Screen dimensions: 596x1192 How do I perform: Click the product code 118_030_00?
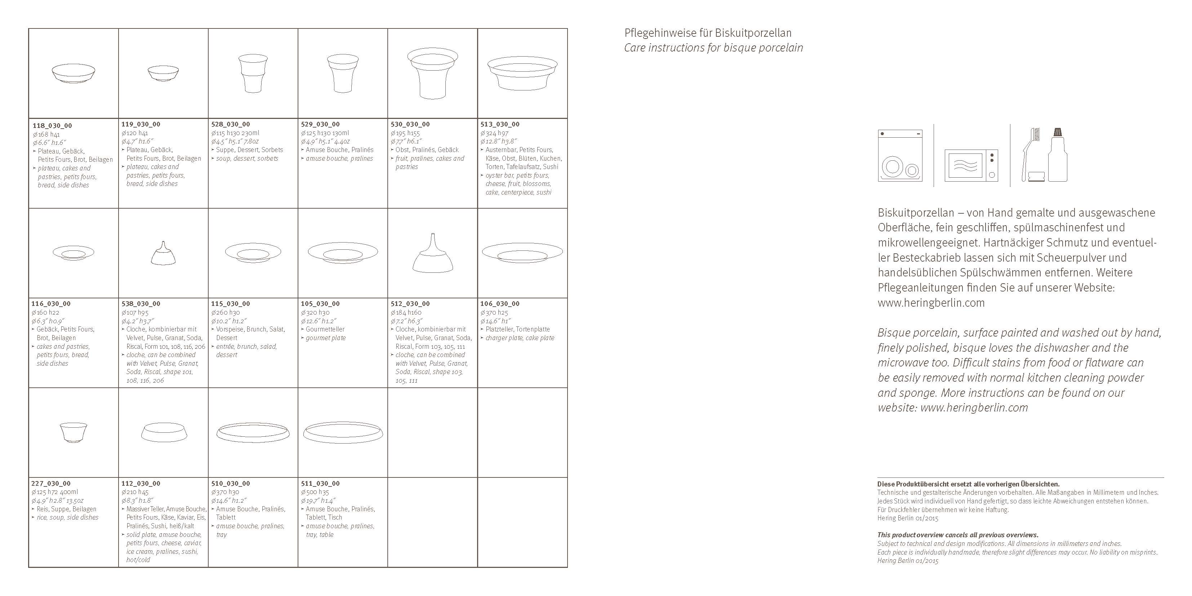52,126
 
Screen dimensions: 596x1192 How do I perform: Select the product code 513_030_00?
500,124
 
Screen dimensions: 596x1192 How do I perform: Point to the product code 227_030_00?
51,484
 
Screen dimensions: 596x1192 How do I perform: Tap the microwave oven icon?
971,165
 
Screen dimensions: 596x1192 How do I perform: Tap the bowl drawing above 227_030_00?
74,433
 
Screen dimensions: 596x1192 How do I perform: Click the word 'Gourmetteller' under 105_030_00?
325,329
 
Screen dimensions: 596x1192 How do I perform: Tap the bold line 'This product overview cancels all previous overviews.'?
958,535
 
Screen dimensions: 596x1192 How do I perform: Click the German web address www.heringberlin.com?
931,303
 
